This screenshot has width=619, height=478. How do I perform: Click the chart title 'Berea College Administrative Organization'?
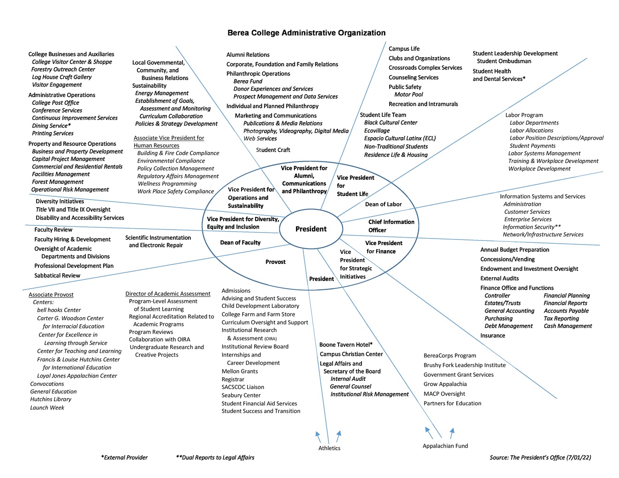306,33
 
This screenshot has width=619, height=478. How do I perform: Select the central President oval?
311,229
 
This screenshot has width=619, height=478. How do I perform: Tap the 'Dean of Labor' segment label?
383,204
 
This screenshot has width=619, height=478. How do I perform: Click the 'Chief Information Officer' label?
391,226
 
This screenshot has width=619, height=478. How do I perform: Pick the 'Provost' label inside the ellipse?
275,262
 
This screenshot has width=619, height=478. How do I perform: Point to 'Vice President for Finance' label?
383,247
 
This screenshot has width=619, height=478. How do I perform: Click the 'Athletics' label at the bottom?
329,448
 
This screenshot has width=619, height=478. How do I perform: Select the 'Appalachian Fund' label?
445,446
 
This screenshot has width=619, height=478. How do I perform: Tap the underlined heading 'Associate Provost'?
51,295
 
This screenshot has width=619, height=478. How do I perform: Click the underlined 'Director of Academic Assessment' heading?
167,294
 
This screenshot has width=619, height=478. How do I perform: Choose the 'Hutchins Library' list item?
51,399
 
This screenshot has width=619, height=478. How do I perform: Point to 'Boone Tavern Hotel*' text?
346,345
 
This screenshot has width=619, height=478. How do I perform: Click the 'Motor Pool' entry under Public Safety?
408,95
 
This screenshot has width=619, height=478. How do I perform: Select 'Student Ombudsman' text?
504,61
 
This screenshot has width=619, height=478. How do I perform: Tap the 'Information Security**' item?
531,227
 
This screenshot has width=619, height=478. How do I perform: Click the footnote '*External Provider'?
124,457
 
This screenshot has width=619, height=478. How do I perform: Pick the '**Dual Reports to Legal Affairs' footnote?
215,457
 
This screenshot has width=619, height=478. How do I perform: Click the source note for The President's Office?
540,457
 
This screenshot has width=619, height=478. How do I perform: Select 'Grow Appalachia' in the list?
445,384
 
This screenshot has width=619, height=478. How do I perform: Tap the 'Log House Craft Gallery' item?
61,77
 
